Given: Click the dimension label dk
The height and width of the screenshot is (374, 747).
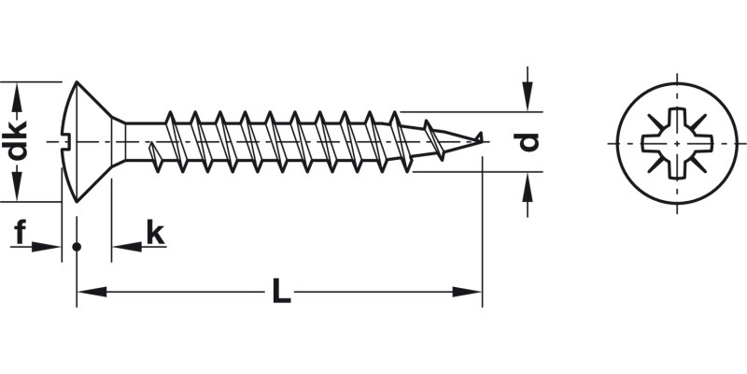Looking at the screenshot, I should coord(16,141).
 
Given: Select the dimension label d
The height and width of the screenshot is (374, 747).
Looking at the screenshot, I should coord(529,141).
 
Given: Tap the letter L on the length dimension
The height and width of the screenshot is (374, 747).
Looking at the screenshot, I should coord(279,293).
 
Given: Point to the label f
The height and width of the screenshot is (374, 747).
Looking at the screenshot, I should coord(20,231).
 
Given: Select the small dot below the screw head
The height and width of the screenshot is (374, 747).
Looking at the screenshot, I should coord(77,247).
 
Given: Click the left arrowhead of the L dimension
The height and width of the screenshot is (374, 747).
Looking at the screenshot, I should coord(86,293).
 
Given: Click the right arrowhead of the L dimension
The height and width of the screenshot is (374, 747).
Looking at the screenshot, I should coord(473,293).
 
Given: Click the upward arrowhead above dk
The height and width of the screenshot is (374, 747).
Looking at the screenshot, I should coord(16,92).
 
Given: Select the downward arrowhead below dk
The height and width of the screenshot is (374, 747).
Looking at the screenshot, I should coord(16,192).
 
